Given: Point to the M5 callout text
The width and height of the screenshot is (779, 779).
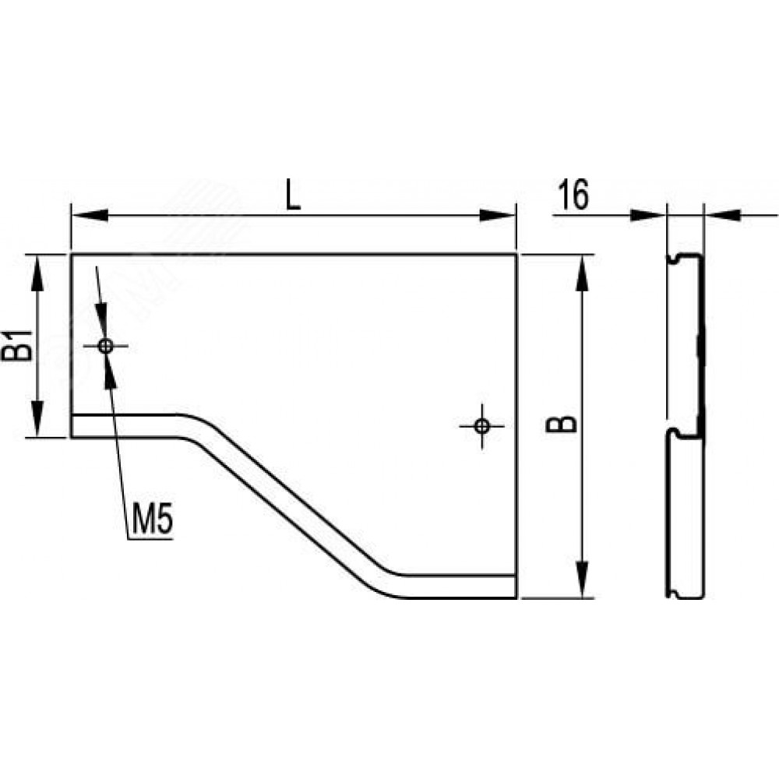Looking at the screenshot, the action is (x=152, y=520).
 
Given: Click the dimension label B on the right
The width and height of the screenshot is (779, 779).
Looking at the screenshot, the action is (x=562, y=424).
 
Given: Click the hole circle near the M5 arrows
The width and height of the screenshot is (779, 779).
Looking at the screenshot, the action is (x=105, y=346).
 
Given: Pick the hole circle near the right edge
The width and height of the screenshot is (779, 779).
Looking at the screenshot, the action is (x=482, y=426).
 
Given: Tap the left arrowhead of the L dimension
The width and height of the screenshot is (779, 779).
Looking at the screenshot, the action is (x=90, y=216).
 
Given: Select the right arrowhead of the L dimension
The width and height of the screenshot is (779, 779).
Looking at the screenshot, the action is (x=497, y=216).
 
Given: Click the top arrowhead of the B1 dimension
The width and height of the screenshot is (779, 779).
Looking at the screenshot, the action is (x=37, y=273).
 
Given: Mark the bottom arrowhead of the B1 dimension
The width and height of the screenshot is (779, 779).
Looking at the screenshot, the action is (x=37, y=419).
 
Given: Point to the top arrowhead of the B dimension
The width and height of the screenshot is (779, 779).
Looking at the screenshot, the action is (x=583, y=273).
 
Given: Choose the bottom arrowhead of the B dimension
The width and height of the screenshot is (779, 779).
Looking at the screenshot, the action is (x=583, y=580).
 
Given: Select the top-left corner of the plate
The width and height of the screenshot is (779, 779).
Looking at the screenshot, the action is (x=72, y=255).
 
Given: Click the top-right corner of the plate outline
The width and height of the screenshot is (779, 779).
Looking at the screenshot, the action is (x=516, y=255).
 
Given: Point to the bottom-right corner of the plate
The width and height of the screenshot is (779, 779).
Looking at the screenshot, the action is (x=516, y=597).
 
